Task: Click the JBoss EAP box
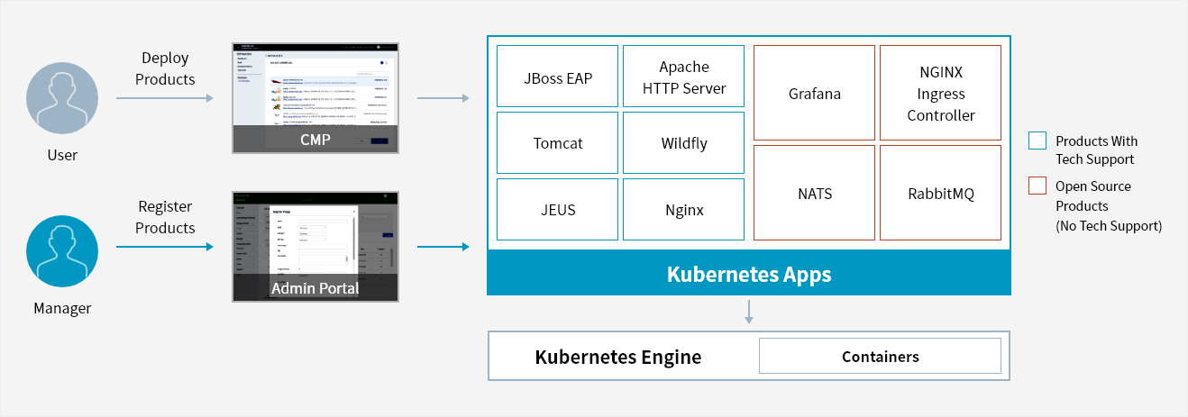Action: click(x=557, y=77)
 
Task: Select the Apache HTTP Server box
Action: click(x=683, y=77)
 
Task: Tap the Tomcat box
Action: click(x=557, y=143)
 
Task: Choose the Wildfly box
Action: click(x=683, y=143)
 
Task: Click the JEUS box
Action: click(x=557, y=210)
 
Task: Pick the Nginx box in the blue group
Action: click(x=683, y=210)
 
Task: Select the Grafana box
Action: click(x=814, y=93)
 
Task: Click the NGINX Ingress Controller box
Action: click(x=940, y=93)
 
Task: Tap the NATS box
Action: click(x=814, y=193)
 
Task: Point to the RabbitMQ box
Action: click(x=940, y=193)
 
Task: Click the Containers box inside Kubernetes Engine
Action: click(x=880, y=356)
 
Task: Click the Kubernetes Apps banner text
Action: click(x=748, y=274)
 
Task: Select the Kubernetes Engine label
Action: click(x=618, y=357)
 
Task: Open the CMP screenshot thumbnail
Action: click(x=315, y=97)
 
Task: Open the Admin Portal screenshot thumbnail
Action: click(x=315, y=246)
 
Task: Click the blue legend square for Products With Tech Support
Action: click(x=1037, y=141)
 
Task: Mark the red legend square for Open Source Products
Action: click(x=1037, y=186)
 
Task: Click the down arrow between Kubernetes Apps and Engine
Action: click(x=748, y=313)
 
